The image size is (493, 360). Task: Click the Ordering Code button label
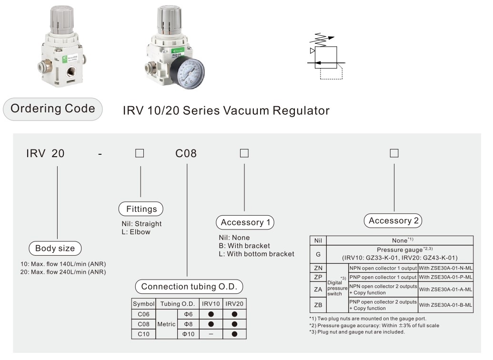pos(53,109)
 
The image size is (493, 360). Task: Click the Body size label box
pos(55,248)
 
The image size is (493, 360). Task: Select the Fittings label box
pos(141,209)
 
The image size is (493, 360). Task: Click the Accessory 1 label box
pos(245,222)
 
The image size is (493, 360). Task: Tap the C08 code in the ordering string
pos(186,153)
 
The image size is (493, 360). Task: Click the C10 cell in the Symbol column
pos(143,334)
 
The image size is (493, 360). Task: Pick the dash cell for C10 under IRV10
pos(211,334)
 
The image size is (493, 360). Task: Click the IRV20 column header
pos(234,304)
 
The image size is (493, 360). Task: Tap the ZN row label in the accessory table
pos(318,268)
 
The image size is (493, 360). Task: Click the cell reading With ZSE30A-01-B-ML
pos(445,305)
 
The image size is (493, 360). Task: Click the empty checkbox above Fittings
pos(140,153)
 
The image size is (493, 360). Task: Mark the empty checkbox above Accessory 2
pos(394,153)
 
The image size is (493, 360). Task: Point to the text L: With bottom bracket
pos(256,254)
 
